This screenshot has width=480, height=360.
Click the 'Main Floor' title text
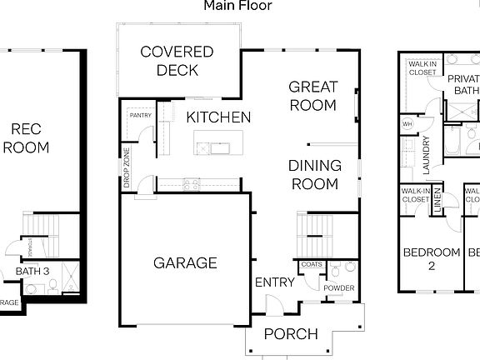point(237,6)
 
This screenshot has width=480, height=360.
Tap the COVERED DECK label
point(176,61)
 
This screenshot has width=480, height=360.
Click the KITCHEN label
point(218,117)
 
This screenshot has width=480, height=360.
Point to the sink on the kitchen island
point(204,147)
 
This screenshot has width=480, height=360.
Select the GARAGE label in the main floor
point(185,262)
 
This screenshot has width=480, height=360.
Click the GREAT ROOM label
point(312,95)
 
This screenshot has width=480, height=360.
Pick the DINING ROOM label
point(314,173)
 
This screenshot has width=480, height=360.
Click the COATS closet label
point(312,265)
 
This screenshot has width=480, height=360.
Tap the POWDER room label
point(339,288)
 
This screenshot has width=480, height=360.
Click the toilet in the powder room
point(335,272)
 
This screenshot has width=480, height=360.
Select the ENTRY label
point(274,282)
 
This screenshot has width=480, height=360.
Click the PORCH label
point(290,334)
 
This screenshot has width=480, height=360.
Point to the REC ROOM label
point(26,138)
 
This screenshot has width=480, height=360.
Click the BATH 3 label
point(33,271)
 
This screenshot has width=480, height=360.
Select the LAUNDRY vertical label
point(425,154)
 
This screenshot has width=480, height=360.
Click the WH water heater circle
point(408,124)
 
